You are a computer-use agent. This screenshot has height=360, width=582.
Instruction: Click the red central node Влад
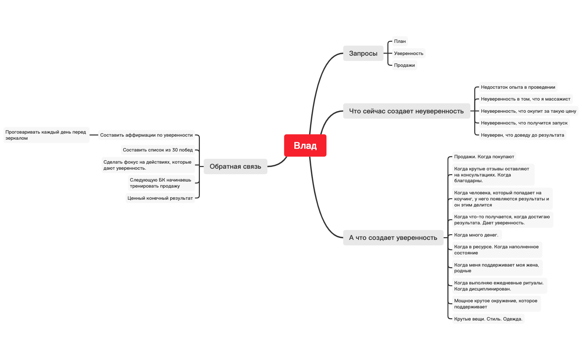[305, 145]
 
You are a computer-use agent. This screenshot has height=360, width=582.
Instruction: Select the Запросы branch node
[363, 53]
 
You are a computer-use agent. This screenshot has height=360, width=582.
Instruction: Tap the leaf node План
[400, 41]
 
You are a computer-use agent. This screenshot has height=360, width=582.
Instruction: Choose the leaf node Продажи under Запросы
[404, 65]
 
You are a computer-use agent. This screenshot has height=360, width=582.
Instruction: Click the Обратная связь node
[235, 166]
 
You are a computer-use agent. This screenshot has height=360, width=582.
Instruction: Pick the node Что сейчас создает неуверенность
[406, 111]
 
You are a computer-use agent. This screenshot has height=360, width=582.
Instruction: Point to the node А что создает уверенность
[393, 238]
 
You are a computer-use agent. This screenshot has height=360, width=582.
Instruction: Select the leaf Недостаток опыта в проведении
[518, 87]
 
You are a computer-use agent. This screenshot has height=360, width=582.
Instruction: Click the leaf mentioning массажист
[525, 99]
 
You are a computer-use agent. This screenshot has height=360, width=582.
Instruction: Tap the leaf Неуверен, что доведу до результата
[522, 135]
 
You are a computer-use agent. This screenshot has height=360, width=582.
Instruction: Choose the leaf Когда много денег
[476, 235]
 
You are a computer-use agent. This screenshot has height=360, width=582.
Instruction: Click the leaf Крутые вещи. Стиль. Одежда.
[488, 319]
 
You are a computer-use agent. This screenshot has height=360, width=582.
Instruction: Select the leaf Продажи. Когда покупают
[484, 157]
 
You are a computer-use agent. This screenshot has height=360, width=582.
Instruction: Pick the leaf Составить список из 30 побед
[158, 150]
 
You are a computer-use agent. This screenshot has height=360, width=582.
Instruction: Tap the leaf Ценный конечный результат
[160, 198]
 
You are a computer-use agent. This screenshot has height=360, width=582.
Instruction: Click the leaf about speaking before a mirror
[46, 135]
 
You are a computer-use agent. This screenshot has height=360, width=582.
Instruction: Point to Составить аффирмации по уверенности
[146, 135]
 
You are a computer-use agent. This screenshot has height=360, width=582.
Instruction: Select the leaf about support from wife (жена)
[497, 268]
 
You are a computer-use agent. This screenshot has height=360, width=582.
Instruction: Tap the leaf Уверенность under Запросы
[408, 53]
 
